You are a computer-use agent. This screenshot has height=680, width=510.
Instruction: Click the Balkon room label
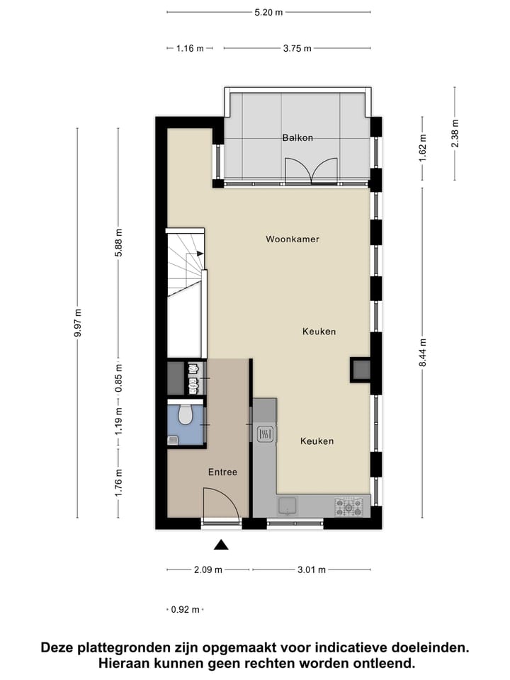297,138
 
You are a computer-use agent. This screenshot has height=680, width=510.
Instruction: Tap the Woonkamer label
293,239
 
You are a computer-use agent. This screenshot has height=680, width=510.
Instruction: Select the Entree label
222,472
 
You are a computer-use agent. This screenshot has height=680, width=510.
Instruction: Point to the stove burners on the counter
349,506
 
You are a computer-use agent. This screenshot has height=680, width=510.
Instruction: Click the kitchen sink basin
288,505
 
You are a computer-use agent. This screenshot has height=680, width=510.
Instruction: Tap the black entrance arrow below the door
222,545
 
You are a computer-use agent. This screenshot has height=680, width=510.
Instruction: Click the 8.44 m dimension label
422,351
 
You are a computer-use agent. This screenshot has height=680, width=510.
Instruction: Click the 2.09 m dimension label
208,569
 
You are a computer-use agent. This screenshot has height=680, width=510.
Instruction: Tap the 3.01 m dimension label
312,569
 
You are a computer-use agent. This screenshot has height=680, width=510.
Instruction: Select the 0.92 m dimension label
186,609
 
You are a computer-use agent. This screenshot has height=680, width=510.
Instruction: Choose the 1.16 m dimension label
189,49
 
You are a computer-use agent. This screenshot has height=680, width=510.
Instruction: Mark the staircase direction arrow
200,253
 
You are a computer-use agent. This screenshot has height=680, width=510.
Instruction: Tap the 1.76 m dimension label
119,484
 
